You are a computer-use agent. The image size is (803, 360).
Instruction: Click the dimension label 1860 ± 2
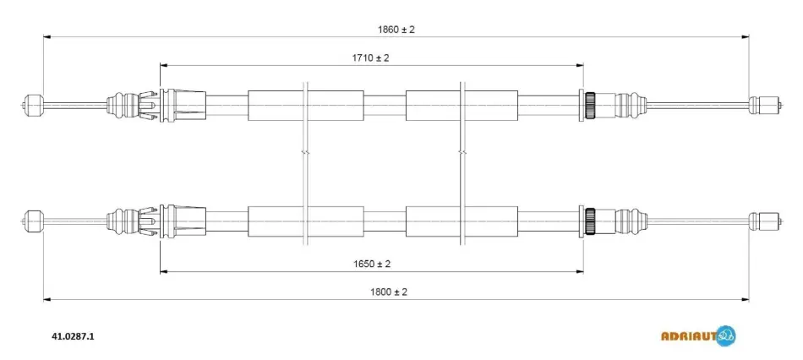coord(396,30)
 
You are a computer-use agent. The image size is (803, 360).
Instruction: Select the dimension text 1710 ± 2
coord(370,57)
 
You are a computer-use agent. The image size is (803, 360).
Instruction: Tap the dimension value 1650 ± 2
coord(372,265)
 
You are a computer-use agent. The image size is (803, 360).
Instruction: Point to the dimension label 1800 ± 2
coord(388,292)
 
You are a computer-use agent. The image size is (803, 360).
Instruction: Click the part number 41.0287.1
coord(73,336)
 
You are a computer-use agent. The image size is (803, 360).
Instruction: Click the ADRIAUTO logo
coord(698,336)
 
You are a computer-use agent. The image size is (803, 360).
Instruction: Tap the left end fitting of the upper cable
coord(34,105)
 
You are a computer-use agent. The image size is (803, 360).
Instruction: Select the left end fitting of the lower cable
coord(34,221)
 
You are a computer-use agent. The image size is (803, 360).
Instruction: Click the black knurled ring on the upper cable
coord(590,105)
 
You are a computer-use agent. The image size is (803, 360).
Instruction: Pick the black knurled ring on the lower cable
coord(590,221)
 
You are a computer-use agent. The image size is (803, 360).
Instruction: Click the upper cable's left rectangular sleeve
coord(306,106)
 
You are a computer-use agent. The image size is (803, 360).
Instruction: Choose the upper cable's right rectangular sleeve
coord(462,106)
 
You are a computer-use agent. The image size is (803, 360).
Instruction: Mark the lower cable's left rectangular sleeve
coord(306,221)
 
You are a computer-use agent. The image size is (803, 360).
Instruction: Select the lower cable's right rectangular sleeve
coord(462,221)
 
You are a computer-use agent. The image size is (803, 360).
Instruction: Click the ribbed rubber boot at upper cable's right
coord(631,105)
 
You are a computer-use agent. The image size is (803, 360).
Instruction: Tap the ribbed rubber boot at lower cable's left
coord(123,221)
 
